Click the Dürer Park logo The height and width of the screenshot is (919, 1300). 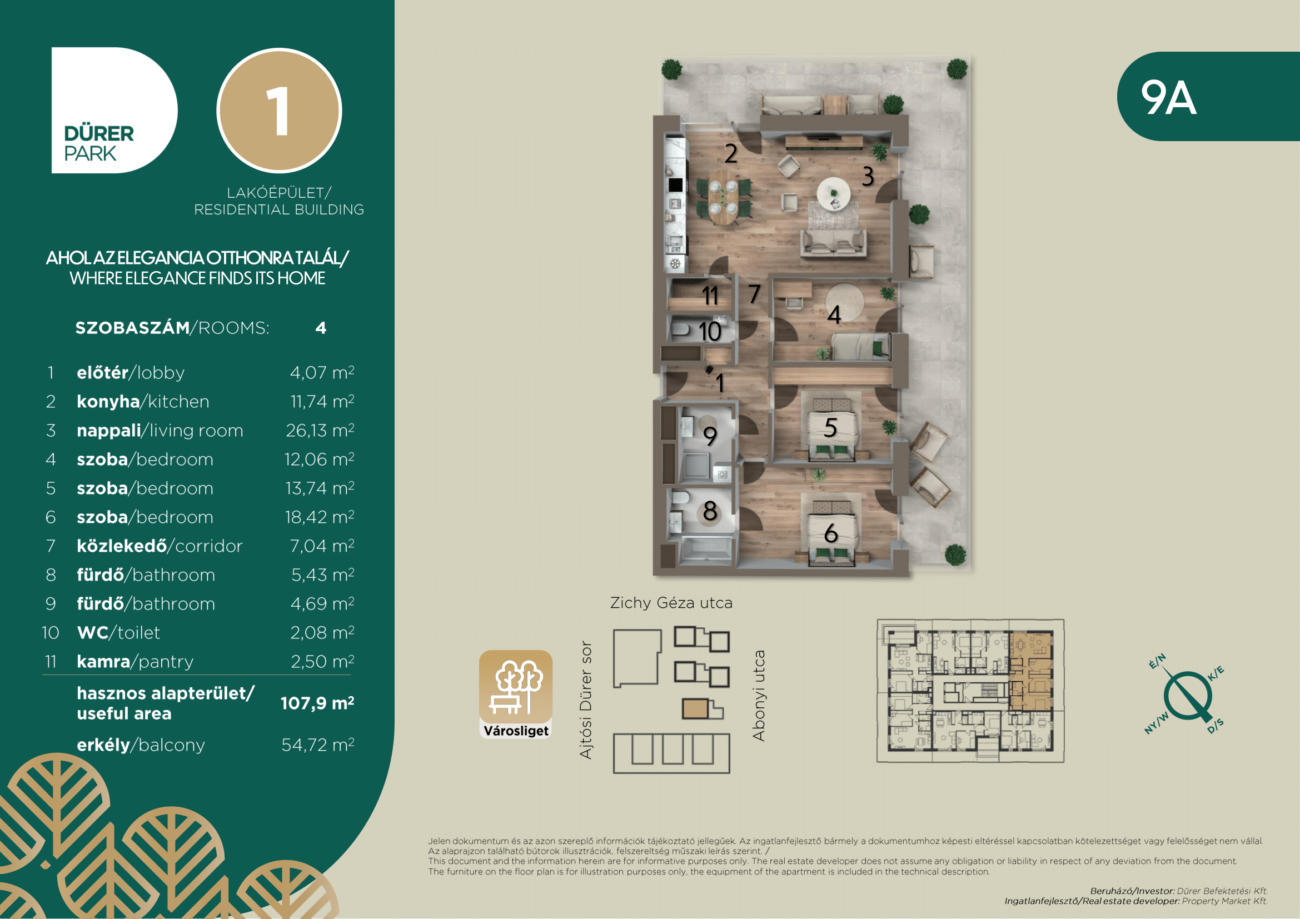click(x=114, y=111)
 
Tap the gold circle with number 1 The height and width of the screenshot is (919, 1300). click(x=279, y=111)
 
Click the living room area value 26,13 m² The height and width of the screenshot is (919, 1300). click(x=320, y=430)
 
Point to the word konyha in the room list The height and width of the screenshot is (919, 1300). click(x=108, y=401)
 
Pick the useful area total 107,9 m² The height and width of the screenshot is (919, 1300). click(x=317, y=703)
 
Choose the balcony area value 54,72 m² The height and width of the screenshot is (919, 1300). click(x=318, y=745)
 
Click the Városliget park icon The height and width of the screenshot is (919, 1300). click(x=516, y=695)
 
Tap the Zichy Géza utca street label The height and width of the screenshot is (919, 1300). click(x=671, y=603)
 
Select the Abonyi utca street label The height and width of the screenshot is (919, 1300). click(x=759, y=696)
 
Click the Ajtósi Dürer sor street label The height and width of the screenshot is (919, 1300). click(x=586, y=700)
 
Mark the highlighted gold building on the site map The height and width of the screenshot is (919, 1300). click(x=695, y=709)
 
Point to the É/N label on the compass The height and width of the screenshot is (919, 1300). click(x=1157, y=661)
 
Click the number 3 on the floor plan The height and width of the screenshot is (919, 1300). click(x=868, y=177)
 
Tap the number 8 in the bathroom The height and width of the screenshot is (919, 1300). click(x=710, y=511)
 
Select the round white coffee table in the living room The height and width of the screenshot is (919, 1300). click(x=834, y=194)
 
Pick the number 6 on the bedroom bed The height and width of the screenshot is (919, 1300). click(x=830, y=533)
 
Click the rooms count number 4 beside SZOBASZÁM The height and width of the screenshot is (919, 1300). click(x=321, y=328)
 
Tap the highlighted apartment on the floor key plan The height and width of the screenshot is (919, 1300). click(x=1031, y=671)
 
